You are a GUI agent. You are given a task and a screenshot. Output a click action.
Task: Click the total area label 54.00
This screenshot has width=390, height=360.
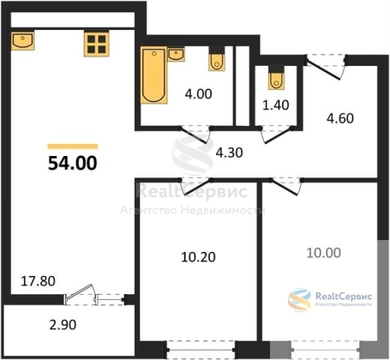coord(73,164)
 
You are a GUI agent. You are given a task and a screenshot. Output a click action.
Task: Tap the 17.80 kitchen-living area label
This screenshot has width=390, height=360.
coord(39,281)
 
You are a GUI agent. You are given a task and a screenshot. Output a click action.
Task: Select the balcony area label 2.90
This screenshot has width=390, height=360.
coord(63,325)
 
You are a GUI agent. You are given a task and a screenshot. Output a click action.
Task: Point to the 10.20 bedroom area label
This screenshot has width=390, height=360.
coord(198,257)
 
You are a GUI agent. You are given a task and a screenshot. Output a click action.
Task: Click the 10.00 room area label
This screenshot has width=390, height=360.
coord(324,253)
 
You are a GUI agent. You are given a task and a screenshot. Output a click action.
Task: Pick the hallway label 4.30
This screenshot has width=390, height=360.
coord(230,153)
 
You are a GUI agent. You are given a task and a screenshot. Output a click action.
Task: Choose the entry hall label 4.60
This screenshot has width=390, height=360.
coord(340,118)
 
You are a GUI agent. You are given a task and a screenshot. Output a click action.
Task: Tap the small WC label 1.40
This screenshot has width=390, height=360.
coord(276,105)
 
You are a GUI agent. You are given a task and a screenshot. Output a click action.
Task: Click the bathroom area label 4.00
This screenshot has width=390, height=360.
coord(198,94)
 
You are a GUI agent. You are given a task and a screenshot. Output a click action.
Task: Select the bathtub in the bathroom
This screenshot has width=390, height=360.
coord(153,75)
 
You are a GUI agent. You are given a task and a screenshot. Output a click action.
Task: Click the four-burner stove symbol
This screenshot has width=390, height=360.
coord(97,44)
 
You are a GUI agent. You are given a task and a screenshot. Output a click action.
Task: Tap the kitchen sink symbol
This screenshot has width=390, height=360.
coord(23,40)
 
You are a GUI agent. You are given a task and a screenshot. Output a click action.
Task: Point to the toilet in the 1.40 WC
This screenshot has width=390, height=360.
coord(276,78)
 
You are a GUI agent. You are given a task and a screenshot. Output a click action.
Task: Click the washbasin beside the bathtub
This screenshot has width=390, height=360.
coord(176,54)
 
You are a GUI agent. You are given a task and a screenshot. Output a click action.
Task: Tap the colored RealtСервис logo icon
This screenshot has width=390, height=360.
coord(299,299)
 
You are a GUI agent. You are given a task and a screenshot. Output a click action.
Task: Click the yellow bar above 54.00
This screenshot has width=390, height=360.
coord(73,147)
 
